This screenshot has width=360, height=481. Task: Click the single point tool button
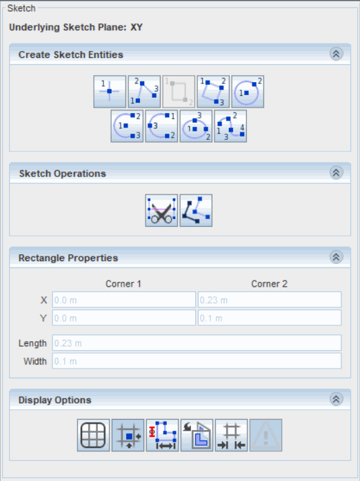pos(110,92)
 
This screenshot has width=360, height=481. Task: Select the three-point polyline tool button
pos(144,92)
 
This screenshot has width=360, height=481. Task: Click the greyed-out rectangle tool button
pos(179,92)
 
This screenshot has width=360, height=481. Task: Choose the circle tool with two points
pos(248,92)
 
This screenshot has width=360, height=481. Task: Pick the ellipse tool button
pos(196,126)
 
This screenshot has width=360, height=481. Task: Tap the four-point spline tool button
pos(230,126)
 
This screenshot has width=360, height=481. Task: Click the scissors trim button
pos(161,210)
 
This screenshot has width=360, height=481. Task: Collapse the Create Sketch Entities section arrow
pos(336,54)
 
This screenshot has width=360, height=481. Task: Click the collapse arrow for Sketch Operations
pos(336,173)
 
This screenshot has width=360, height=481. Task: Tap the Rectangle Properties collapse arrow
pos(336,257)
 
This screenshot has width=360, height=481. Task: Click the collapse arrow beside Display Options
pos(336,399)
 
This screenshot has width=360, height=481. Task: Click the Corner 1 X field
pos(123,300)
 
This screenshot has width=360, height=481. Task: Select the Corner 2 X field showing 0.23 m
pos(270,300)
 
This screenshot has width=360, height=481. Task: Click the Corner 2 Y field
pos(270,318)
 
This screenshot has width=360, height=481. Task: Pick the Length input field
pos(197,342)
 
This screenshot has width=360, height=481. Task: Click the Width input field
pos(197,361)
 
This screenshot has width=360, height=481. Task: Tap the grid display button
pos(93,436)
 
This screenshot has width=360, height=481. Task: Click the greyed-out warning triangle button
pos(266,436)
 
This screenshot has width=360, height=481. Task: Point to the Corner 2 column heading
pos(270,284)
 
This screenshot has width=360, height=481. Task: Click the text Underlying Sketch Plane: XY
pos(76,28)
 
